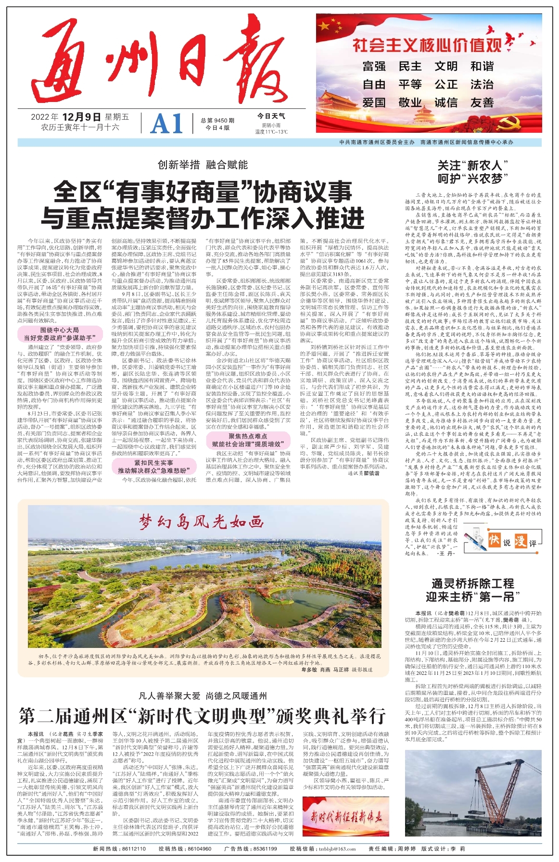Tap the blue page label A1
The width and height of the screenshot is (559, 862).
(x=167, y=124)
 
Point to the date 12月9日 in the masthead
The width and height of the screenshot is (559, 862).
(x=81, y=117)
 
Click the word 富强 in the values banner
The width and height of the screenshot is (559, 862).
(x=374, y=66)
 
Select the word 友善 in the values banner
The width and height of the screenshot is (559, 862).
(x=482, y=102)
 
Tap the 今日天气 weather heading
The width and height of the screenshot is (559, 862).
(x=271, y=116)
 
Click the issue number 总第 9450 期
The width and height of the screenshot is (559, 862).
(x=217, y=121)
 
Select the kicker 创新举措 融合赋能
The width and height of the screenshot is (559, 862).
(x=203, y=165)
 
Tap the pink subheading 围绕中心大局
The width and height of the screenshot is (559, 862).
(x=60, y=330)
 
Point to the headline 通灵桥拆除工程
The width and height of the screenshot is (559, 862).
(x=472, y=583)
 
